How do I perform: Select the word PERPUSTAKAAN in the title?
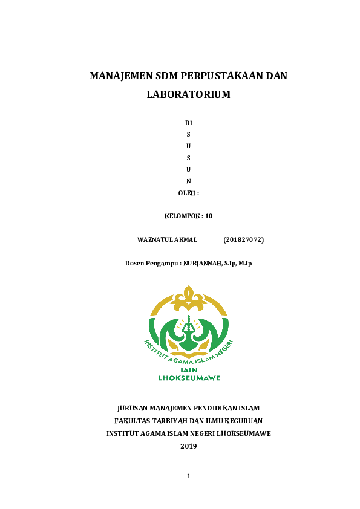pos(220,76)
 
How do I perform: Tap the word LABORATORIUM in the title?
pos(188,95)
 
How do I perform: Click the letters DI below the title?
pos(188,123)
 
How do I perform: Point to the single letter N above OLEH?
pos(188,181)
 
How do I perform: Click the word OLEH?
pos(186,193)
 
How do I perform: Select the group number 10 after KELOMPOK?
pos(209,216)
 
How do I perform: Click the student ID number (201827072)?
pos(243,240)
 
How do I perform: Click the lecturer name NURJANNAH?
pos(202,263)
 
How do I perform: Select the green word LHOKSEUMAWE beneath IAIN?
pos(189,378)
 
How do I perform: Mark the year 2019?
pos(188,446)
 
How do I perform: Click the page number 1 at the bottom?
pos(188,476)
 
